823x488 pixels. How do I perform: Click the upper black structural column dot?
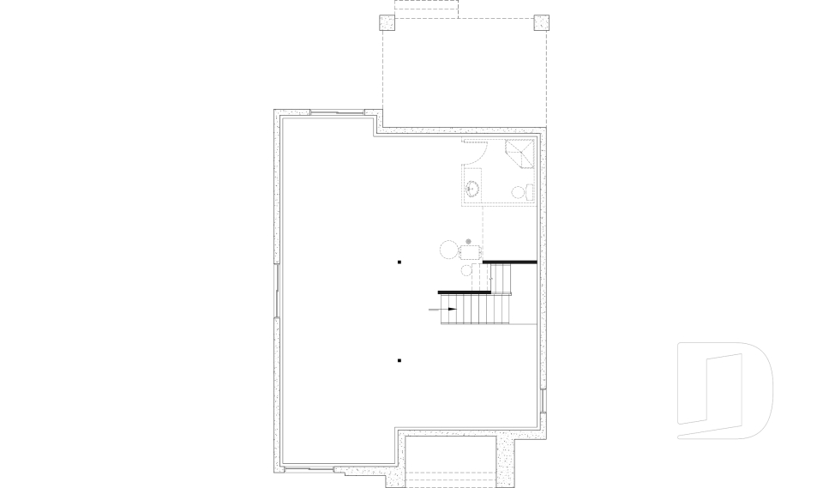(399, 261)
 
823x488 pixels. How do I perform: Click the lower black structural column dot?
(399, 361)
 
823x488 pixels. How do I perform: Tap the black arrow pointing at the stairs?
(448, 309)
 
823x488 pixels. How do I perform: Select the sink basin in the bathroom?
(472, 188)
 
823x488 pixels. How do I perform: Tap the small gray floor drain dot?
(468, 241)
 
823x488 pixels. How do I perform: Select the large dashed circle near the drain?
(449, 250)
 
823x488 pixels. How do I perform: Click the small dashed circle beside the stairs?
(466, 271)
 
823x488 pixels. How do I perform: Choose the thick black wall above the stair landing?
(509, 262)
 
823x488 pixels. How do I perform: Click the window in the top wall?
(336, 112)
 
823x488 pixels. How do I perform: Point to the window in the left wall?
(277, 291)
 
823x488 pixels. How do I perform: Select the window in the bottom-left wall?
(309, 468)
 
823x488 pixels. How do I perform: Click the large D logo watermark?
(724, 391)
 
